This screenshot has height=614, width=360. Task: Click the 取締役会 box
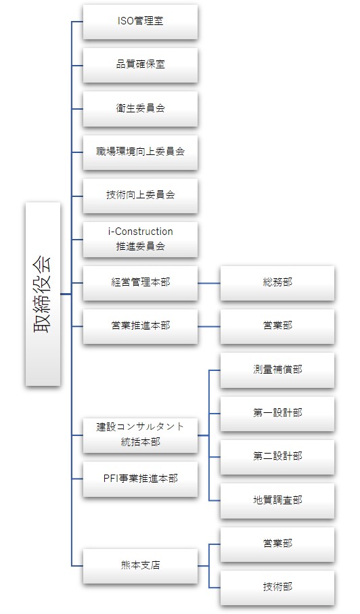pyautogui.click(x=43, y=294)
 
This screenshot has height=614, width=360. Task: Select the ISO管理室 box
pyautogui.click(x=140, y=22)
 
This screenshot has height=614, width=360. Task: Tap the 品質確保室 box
pyautogui.click(x=140, y=65)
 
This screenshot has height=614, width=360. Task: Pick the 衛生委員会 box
pyautogui.click(x=140, y=108)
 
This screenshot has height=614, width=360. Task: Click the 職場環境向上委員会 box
pyautogui.click(x=140, y=152)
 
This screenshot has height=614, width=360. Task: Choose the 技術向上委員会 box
pyautogui.click(x=140, y=196)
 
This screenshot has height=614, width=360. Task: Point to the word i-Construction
pyautogui.click(x=141, y=232)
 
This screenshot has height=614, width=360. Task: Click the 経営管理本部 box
pyautogui.click(x=140, y=283)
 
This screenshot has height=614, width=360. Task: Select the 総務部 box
pyautogui.click(x=277, y=283)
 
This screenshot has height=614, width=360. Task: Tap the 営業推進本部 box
pyautogui.click(x=140, y=326)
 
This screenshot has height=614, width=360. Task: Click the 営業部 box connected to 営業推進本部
pyautogui.click(x=277, y=326)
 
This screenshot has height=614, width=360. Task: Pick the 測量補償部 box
pyautogui.click(x=277, y=370)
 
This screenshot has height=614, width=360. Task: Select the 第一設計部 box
pyautogui.click(x=277, y=414)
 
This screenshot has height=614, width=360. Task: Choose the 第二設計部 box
pyautogui.click(x=277, y=457)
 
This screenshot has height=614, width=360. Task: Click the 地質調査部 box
pyautogui.click(x=277, y=501)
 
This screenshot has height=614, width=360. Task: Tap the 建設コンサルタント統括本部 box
pyautogui.click(x=140, y=435)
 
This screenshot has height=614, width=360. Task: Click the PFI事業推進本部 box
pyautogui.click(x=140, y=479)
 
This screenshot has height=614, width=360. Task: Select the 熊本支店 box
pyautogui.click(x=140, y=566)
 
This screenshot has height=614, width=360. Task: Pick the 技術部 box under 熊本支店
pyautogui.click(x=277, y=588)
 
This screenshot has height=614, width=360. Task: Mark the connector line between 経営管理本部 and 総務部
pyautogui.click(x=209, y=283)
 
